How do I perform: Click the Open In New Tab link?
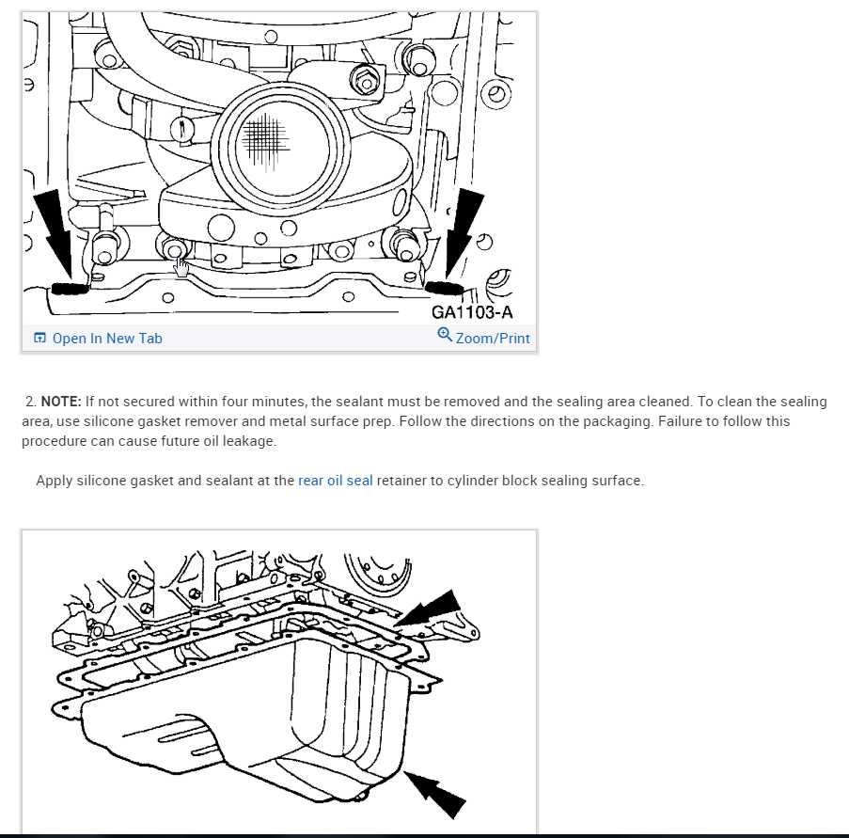click(107, 339)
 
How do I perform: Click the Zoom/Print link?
click(493, 339)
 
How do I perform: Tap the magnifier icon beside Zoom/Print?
click(445, 335)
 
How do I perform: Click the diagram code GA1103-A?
click(472, 312)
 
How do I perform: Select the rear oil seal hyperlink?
click(336, 481)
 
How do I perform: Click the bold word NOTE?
click(60, 402)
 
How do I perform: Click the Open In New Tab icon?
click(40, 339)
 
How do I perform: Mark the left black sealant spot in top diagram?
click(69, 287)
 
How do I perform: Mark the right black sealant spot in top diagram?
click(443, 286)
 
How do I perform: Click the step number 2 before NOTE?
click(30, 402)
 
